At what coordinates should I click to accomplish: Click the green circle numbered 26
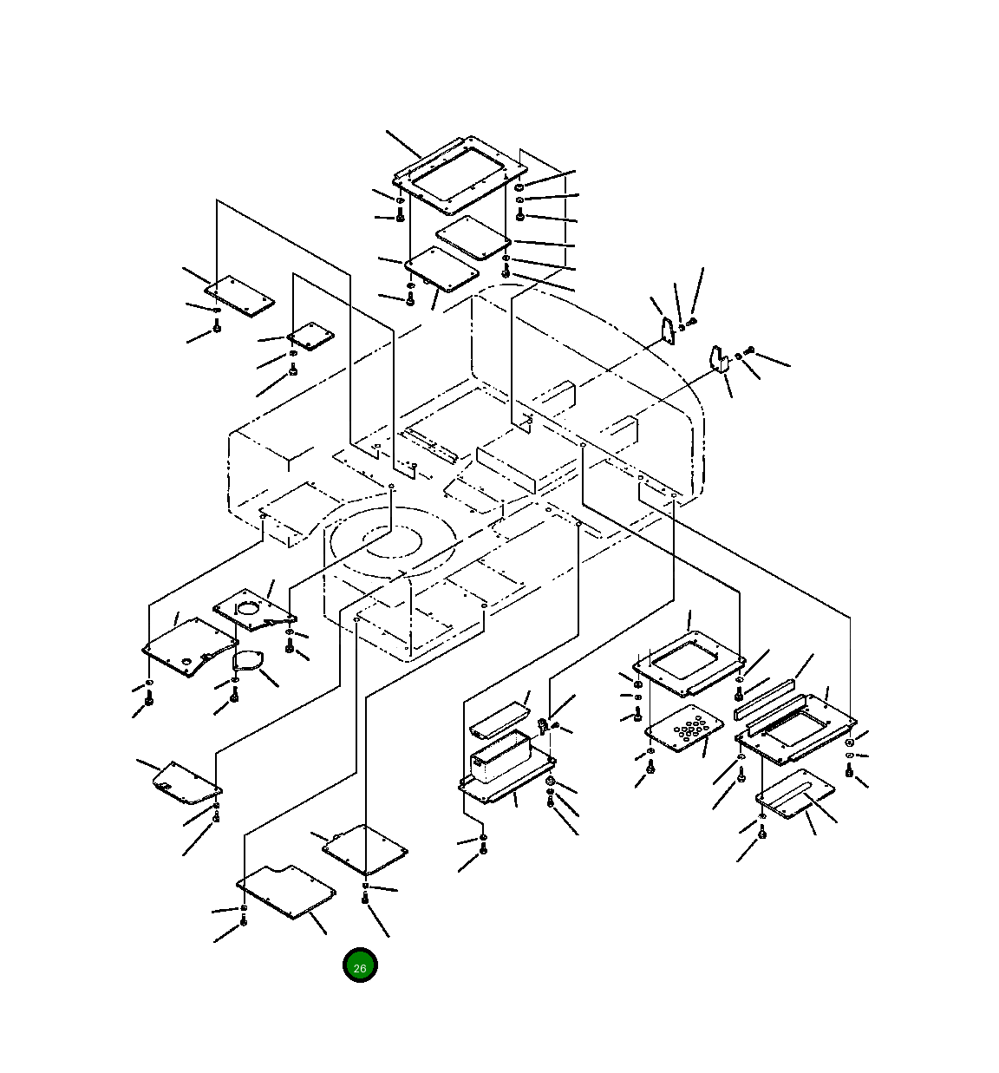click(x=360, y=965)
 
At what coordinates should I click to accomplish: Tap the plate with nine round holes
click(x=684, y=729)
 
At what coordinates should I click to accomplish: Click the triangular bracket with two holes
click(x=669, y=331)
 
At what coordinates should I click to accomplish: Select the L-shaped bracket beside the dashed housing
click(x=719, y=359)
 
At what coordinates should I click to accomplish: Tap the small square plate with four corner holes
click(x=310, y=336)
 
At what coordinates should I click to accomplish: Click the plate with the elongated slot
click(x=794, y=793)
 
